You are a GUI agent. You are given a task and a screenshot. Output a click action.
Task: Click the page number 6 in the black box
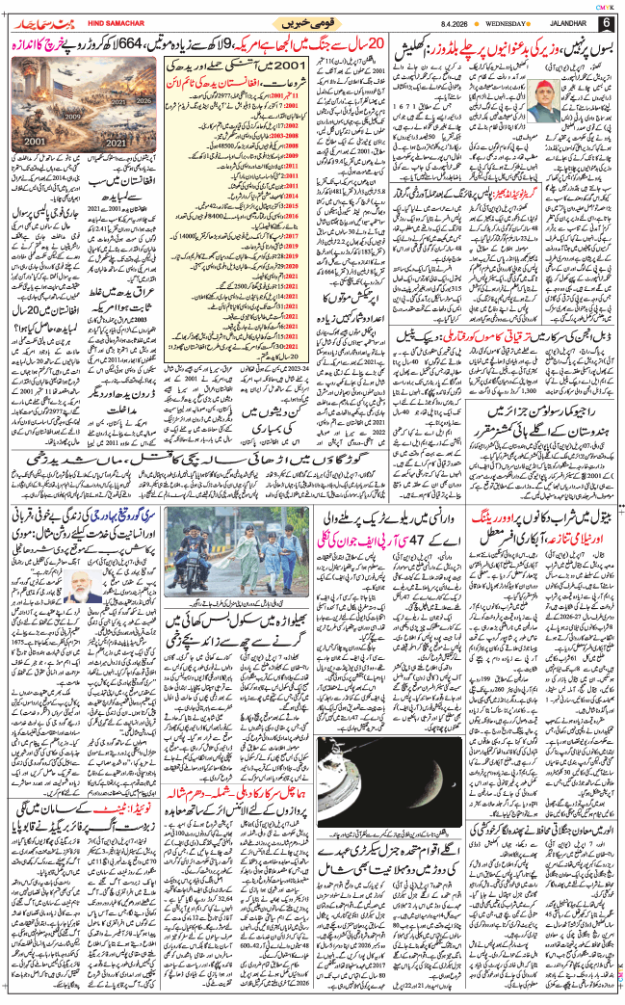pyautogui.click(x=605, y=23)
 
